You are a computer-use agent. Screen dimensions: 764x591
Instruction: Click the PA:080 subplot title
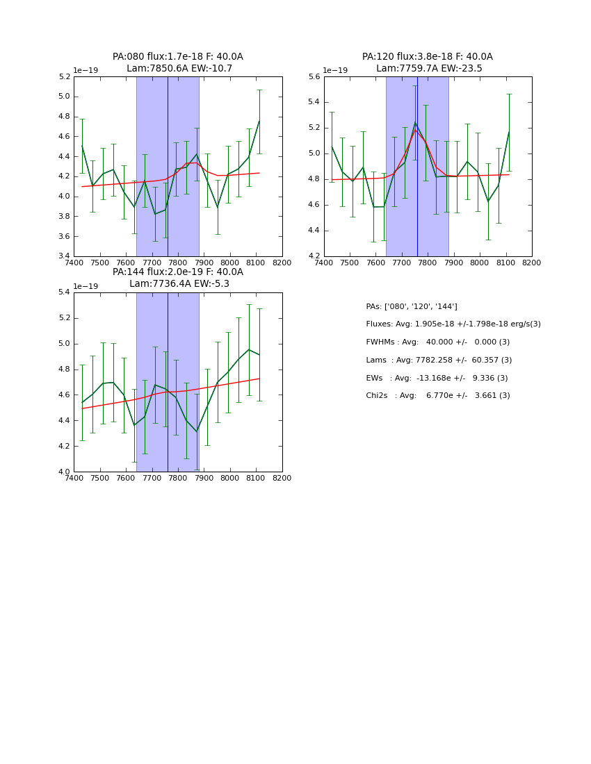tap(178, 63)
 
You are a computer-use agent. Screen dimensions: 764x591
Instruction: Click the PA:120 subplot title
tap(428, 63)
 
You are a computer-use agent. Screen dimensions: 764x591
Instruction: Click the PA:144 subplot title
tap(178, 278)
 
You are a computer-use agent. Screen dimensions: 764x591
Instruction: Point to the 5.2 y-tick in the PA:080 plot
tap(63, 76)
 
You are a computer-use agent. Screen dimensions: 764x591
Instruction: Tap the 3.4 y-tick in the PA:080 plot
tap(63, 256)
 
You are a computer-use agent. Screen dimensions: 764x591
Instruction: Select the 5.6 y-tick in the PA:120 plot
tap(314, 76)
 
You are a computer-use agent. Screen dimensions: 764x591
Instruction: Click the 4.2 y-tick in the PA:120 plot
tap(314, 256)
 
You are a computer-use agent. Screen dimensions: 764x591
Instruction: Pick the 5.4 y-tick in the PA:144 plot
tap(63, 292)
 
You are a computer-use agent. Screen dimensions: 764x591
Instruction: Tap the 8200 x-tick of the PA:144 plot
tap(282, 478)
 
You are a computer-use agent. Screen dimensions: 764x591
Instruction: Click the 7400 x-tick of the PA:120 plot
tap(324, 263)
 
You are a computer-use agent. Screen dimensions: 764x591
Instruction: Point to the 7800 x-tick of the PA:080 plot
tap(178, 263)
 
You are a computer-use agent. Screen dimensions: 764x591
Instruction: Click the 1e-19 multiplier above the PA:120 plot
tap(335, 70)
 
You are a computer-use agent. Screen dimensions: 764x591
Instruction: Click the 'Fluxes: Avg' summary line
tap(453, 324)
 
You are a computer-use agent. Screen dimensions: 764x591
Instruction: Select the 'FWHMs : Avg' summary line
tap(437, 342)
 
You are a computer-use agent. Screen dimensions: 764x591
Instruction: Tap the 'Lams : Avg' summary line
tap(439, 360)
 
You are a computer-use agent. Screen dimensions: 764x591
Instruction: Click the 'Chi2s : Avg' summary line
tap(437, 396)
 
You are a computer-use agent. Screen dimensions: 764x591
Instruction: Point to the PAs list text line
tap(411, 306)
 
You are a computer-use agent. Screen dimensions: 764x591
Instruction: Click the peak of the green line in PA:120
tap(415, 123)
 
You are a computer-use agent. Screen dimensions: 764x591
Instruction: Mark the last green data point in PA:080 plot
tap(259, 122)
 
